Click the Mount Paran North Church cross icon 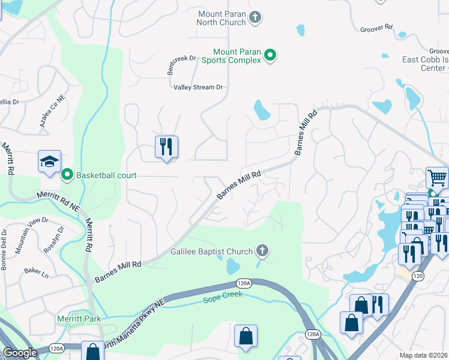coord(255,17)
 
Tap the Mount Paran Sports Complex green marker coord(270,56)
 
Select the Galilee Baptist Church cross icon coord(261,250)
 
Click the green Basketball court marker coord(67,175)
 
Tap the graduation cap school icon coord(49,161)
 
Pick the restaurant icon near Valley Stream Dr coord(166,146)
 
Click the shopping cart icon coord(437,178)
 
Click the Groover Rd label coord(376,28)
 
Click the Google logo coord(20,353)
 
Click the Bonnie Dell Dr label coord(4,249)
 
